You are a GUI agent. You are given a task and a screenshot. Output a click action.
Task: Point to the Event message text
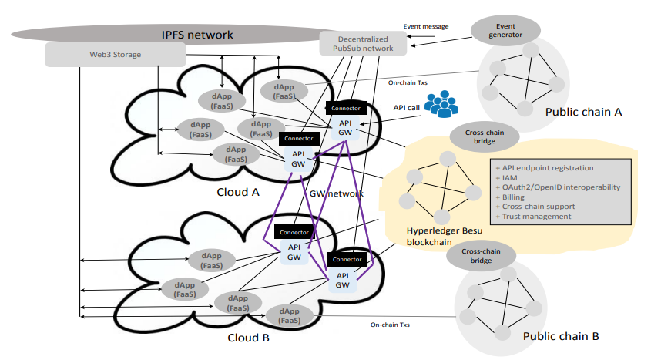(426, 26)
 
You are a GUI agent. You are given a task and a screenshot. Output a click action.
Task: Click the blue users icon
(441, 104)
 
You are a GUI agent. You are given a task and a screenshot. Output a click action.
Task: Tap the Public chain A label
(583, 112)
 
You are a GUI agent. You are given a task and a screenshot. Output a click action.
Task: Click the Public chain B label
(560, 336)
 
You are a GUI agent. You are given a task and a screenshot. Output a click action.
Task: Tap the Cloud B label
(249, 338)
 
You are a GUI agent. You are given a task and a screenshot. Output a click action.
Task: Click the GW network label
(336, 193)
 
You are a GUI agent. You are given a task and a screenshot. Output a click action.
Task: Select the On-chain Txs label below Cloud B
(390, 325)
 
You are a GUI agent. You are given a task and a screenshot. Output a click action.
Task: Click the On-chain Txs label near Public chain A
(408, 82)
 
